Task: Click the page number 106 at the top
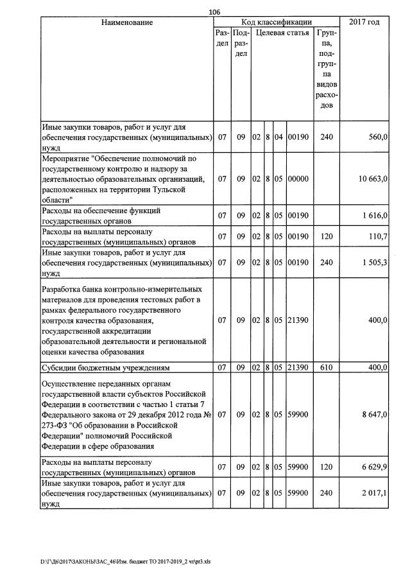point(215,12)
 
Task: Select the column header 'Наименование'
point(127,22)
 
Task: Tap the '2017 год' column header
point(364,22)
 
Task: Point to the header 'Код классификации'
point(276,22)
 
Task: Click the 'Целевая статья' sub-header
point(282,32)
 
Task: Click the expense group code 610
point(326,367)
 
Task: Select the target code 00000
point(298,178)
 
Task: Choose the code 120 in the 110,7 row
point(326,236)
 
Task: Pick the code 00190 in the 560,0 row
point(298,137)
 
